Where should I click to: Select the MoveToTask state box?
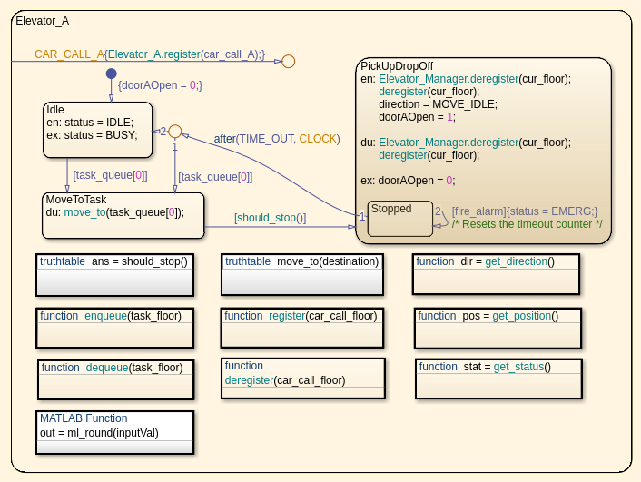point(123,215)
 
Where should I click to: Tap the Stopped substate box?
point(399,219)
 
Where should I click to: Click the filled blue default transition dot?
point(111,74)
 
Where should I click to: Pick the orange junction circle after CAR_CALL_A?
point(288,62)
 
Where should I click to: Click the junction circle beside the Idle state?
point(175,132)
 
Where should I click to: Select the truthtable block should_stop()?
point(115,275)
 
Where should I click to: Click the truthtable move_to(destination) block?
point(302,275)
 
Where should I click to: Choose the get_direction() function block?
point(496,274)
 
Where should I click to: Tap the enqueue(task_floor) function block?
point(114,328)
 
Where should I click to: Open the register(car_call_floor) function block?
point(302,328)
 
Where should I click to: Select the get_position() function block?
point(498,328)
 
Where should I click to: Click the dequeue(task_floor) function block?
point(115,379)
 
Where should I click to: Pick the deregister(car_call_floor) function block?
point(303,379)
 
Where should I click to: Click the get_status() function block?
point(498,379)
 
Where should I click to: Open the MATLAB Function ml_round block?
point(115,432)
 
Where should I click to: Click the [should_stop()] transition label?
point(270,218)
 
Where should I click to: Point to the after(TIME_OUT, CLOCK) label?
point(277,139)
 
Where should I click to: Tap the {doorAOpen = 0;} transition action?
point(160,85)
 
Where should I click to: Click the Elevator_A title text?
point(43,20)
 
